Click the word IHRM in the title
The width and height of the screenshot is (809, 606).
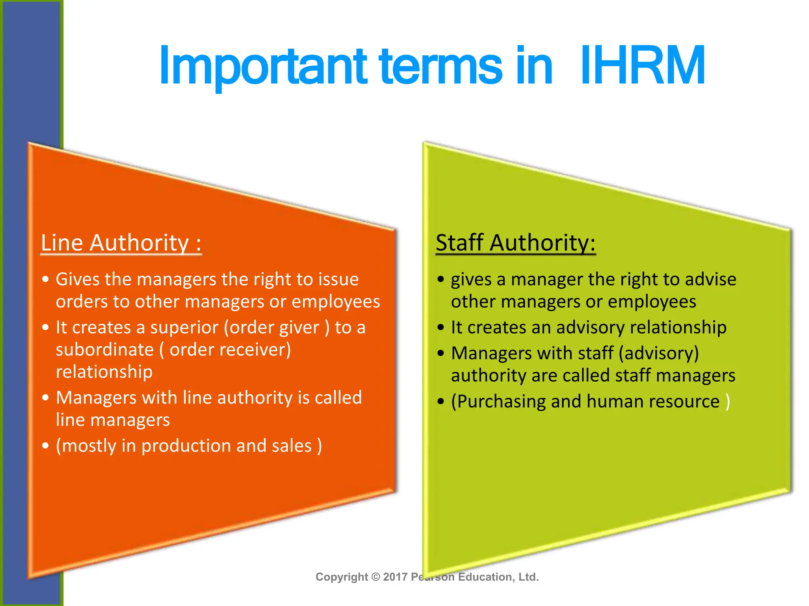pyautogui.click(x=642, y=65)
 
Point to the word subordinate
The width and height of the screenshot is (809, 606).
pyautogui.click(x=105, y=350)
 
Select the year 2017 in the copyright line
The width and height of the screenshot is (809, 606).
pyautogui.click(x=395, y=577)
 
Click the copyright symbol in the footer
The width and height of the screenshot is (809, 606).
pyautogui.click(x=376, y=577)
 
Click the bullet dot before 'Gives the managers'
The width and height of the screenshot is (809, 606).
pyautogui.click(x=46, y=279)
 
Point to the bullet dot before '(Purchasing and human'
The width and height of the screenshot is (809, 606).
pyautogui.click(x=441, y=402)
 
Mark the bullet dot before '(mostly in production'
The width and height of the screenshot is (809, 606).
pyautogui.click(x=46, y=446)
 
